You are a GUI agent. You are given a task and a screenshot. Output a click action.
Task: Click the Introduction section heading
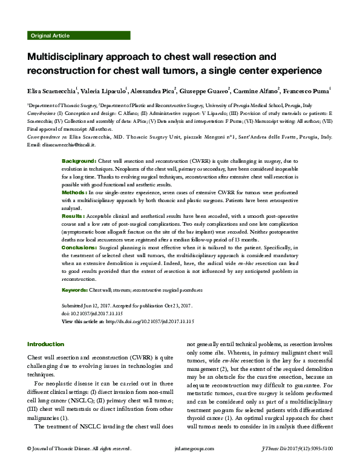[46, 344]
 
